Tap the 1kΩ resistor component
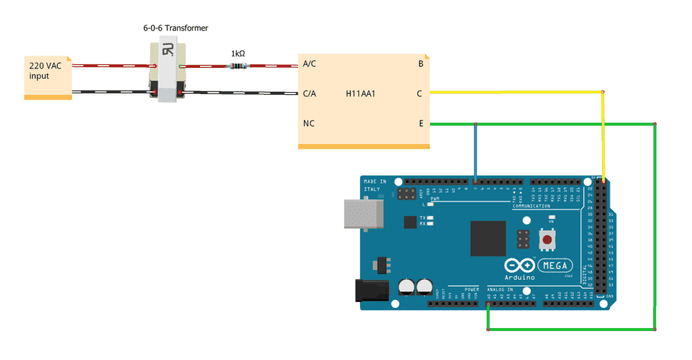237,66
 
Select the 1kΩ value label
239,53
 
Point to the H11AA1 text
362,93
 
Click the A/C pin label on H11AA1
309,64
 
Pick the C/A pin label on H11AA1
309,93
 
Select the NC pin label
309,124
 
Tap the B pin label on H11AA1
421,64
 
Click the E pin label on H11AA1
420,124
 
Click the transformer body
167,72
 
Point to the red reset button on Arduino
548,240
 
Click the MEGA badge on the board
556,264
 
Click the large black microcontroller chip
489,238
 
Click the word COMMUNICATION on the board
531,206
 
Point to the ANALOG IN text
501,289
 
